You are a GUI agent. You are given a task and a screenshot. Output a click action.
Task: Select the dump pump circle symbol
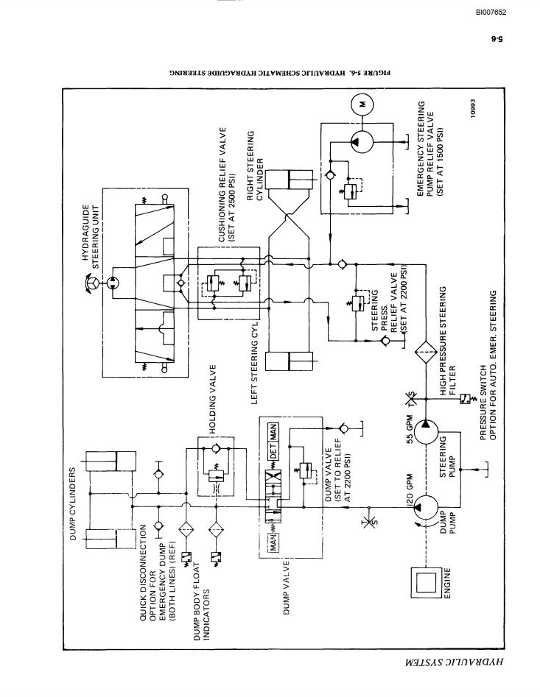click(x=426, y=507)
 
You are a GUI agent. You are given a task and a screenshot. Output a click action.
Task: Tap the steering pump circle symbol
click(x=426, y=431)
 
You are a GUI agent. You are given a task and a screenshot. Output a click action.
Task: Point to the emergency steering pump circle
click(x=362, y=142)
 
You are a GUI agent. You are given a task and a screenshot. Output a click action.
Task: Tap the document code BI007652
click(x=491, y=13)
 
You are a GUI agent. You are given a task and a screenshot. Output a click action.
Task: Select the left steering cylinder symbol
click(x=292, y=361)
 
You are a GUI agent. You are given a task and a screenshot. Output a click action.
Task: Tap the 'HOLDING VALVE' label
click(x=213, y=399)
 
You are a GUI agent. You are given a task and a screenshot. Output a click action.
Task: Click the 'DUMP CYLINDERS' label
click(x=73, y=503)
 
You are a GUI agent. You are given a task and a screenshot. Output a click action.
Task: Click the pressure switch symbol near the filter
click(x=466, y=399)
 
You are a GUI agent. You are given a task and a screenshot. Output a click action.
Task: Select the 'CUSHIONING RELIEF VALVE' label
click(x=222, y=185)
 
